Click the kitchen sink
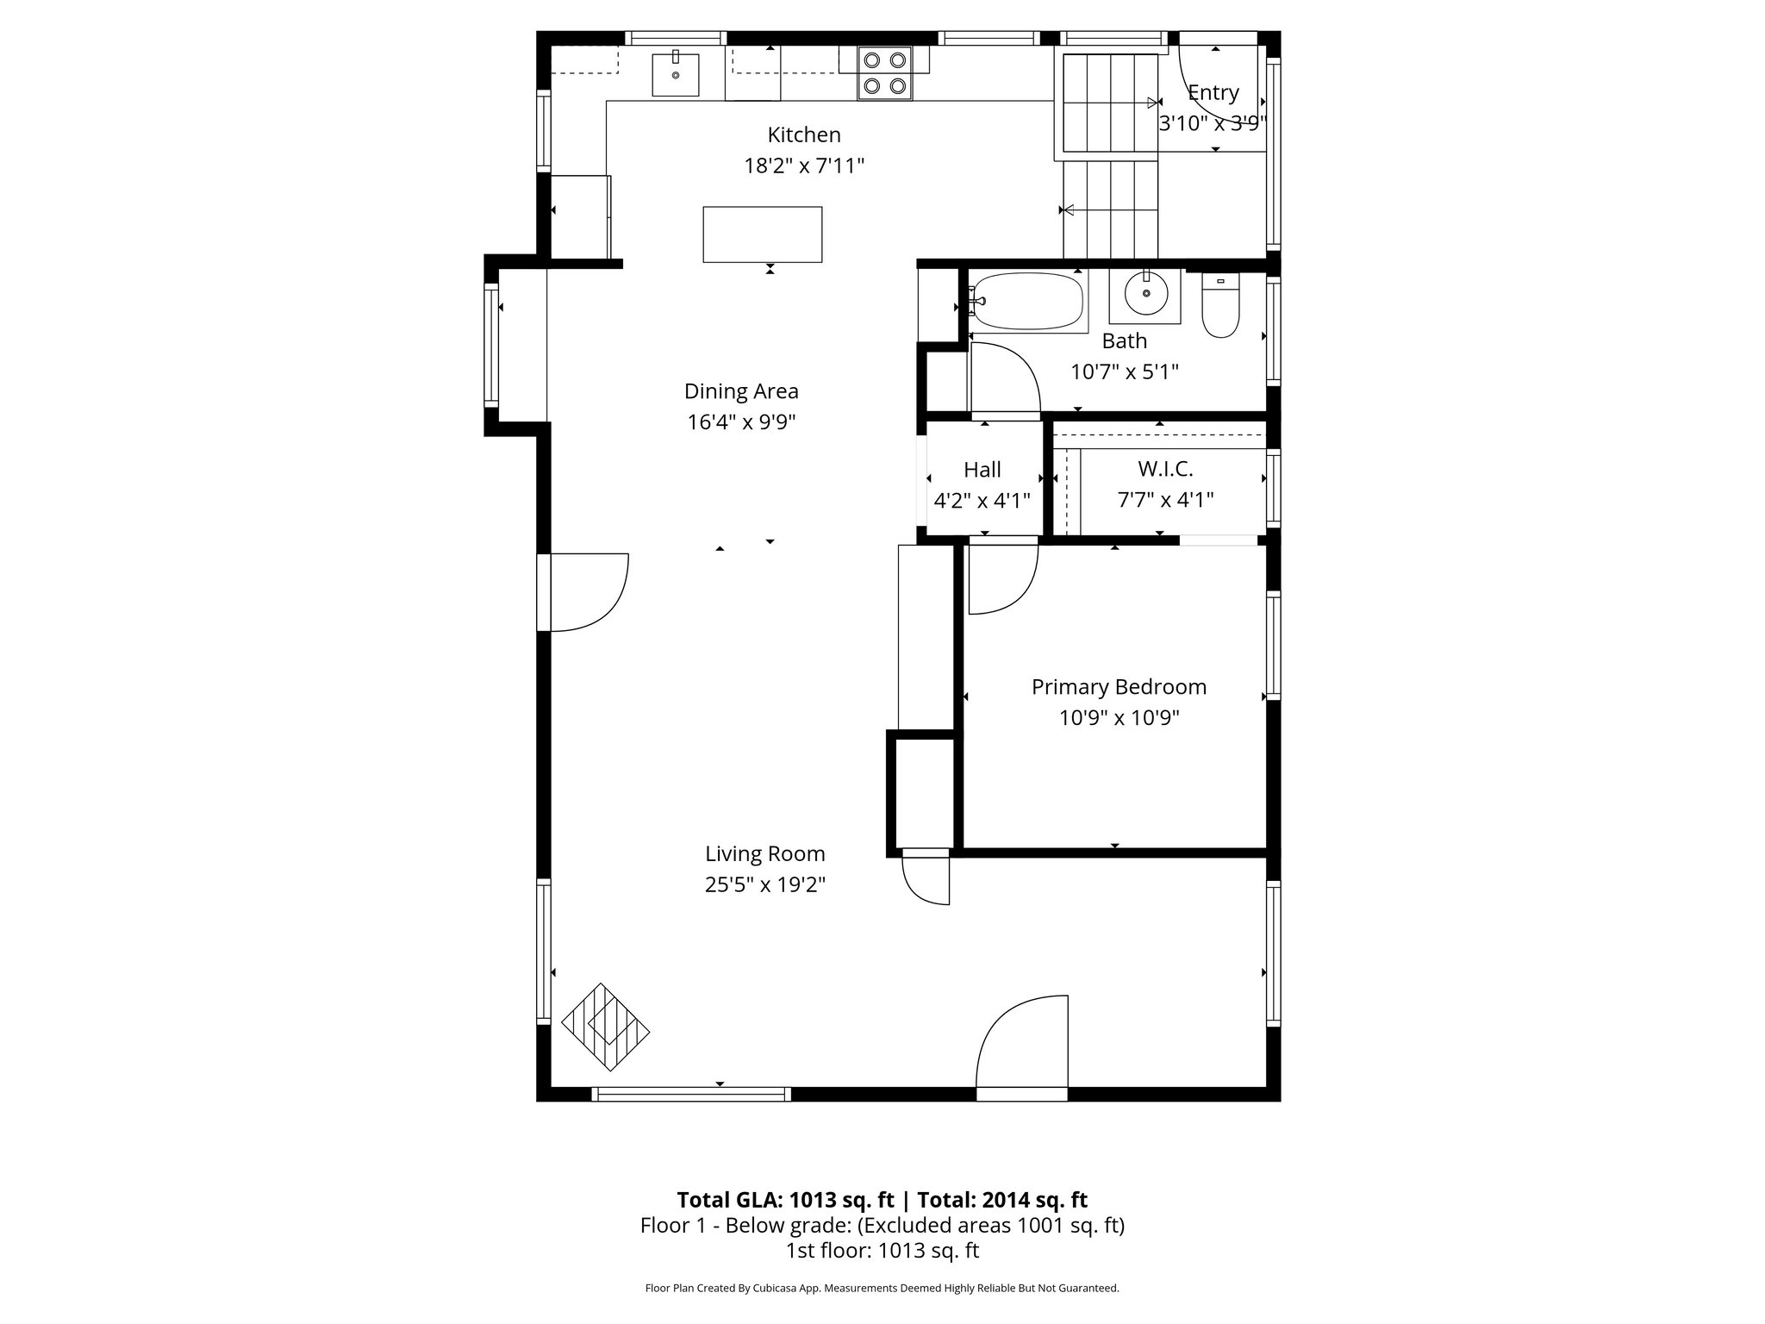tap(675, 73)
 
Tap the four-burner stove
tap(885, 72)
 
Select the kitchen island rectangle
tap(762, 234)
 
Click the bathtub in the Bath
tap(1026, 302)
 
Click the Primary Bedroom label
tap(1119, 687)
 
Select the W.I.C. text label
tap(1165, 469)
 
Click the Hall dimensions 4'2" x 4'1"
tap(982, 501)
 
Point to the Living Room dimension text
tap(764, 885)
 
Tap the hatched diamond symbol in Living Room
tap(605, 1027)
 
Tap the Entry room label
tap(1213, 92)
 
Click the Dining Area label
tap(741, 391)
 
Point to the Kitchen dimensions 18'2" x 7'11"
tap(803, 165)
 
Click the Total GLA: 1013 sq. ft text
tap(785, 1200)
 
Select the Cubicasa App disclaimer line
tap(882, 1289)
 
